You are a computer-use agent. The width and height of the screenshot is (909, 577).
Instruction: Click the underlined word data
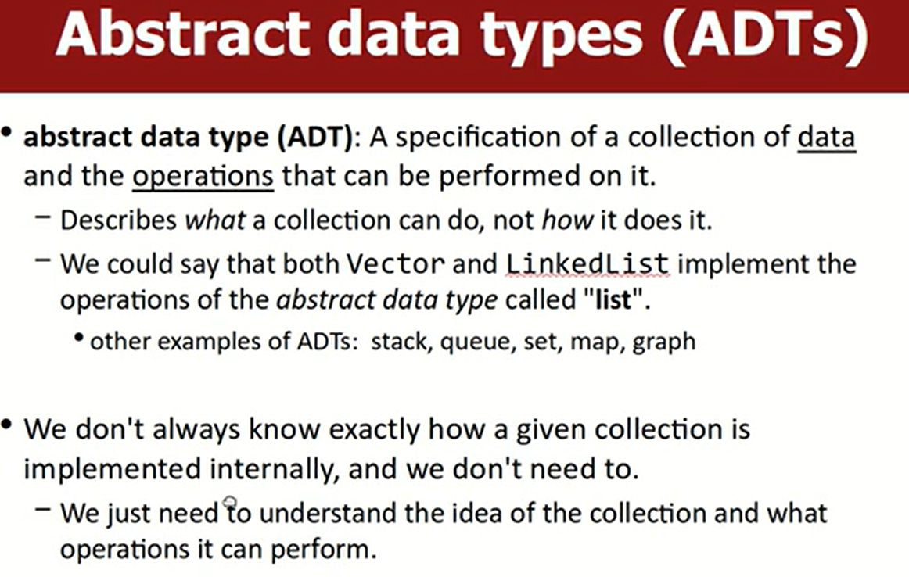827,138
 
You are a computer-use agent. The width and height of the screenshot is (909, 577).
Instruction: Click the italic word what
215,220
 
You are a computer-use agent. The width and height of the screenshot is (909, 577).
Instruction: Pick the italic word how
567,220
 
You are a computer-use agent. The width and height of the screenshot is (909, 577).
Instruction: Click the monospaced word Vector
396,264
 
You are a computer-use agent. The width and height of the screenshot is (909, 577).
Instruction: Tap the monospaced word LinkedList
587,264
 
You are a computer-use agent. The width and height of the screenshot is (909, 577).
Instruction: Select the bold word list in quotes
613,300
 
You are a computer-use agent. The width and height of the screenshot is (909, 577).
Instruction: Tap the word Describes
118,220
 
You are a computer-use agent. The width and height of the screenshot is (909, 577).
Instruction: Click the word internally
274,468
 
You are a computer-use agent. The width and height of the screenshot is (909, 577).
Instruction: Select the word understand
328,513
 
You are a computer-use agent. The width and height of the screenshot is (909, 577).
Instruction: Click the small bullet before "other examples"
80,337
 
